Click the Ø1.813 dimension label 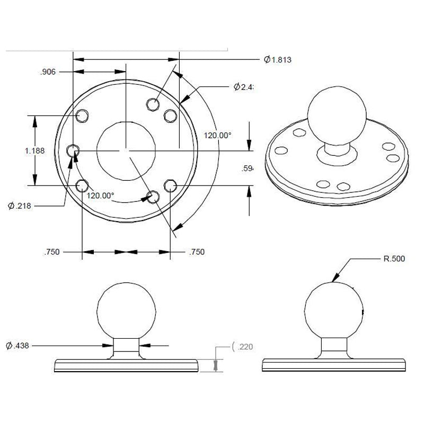(278, 60)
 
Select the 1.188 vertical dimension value (34, 151)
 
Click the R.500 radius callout (395, 259)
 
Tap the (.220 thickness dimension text (243, 347)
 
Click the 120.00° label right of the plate (219, 135)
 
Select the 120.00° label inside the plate (101, 195)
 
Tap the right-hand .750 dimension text (197, 252)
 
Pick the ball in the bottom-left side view (127, 311)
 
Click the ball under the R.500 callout (335, 311)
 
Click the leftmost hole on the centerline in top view (73, 151)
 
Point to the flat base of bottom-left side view (127, 366)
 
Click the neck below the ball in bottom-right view (335, 348)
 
